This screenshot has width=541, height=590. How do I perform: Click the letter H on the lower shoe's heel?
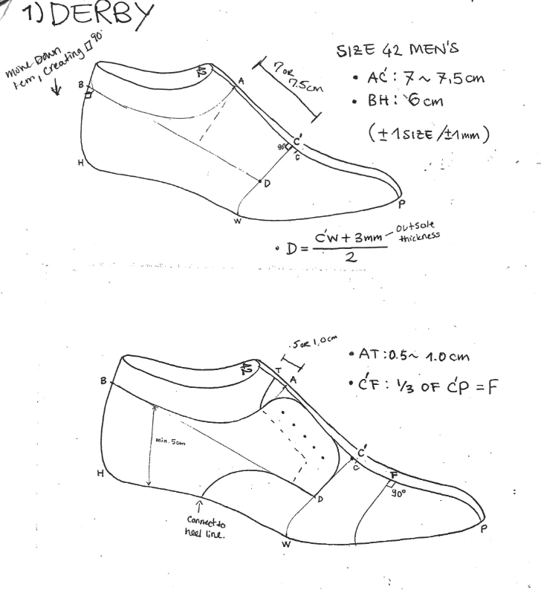click(100, 473)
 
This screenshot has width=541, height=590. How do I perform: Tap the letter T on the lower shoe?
click(279, 370)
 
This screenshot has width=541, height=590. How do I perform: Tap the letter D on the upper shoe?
click(267, 183)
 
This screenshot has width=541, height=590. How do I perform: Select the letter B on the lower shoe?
click(103, 381)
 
